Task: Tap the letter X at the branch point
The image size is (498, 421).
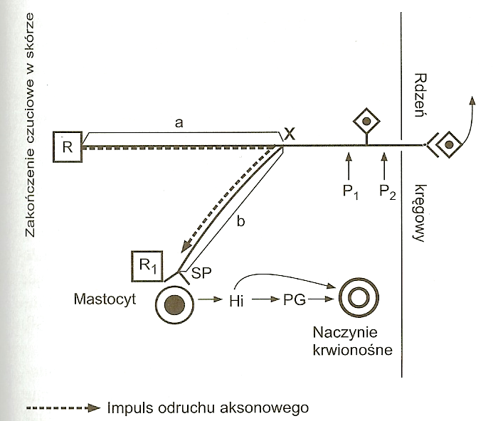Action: [289, 132]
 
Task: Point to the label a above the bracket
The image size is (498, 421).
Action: [180, 123]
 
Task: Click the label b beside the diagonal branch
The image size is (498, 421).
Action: [240, 221]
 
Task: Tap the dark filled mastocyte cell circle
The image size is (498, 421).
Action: [174, 304]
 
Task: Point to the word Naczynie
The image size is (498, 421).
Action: [353, 332]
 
